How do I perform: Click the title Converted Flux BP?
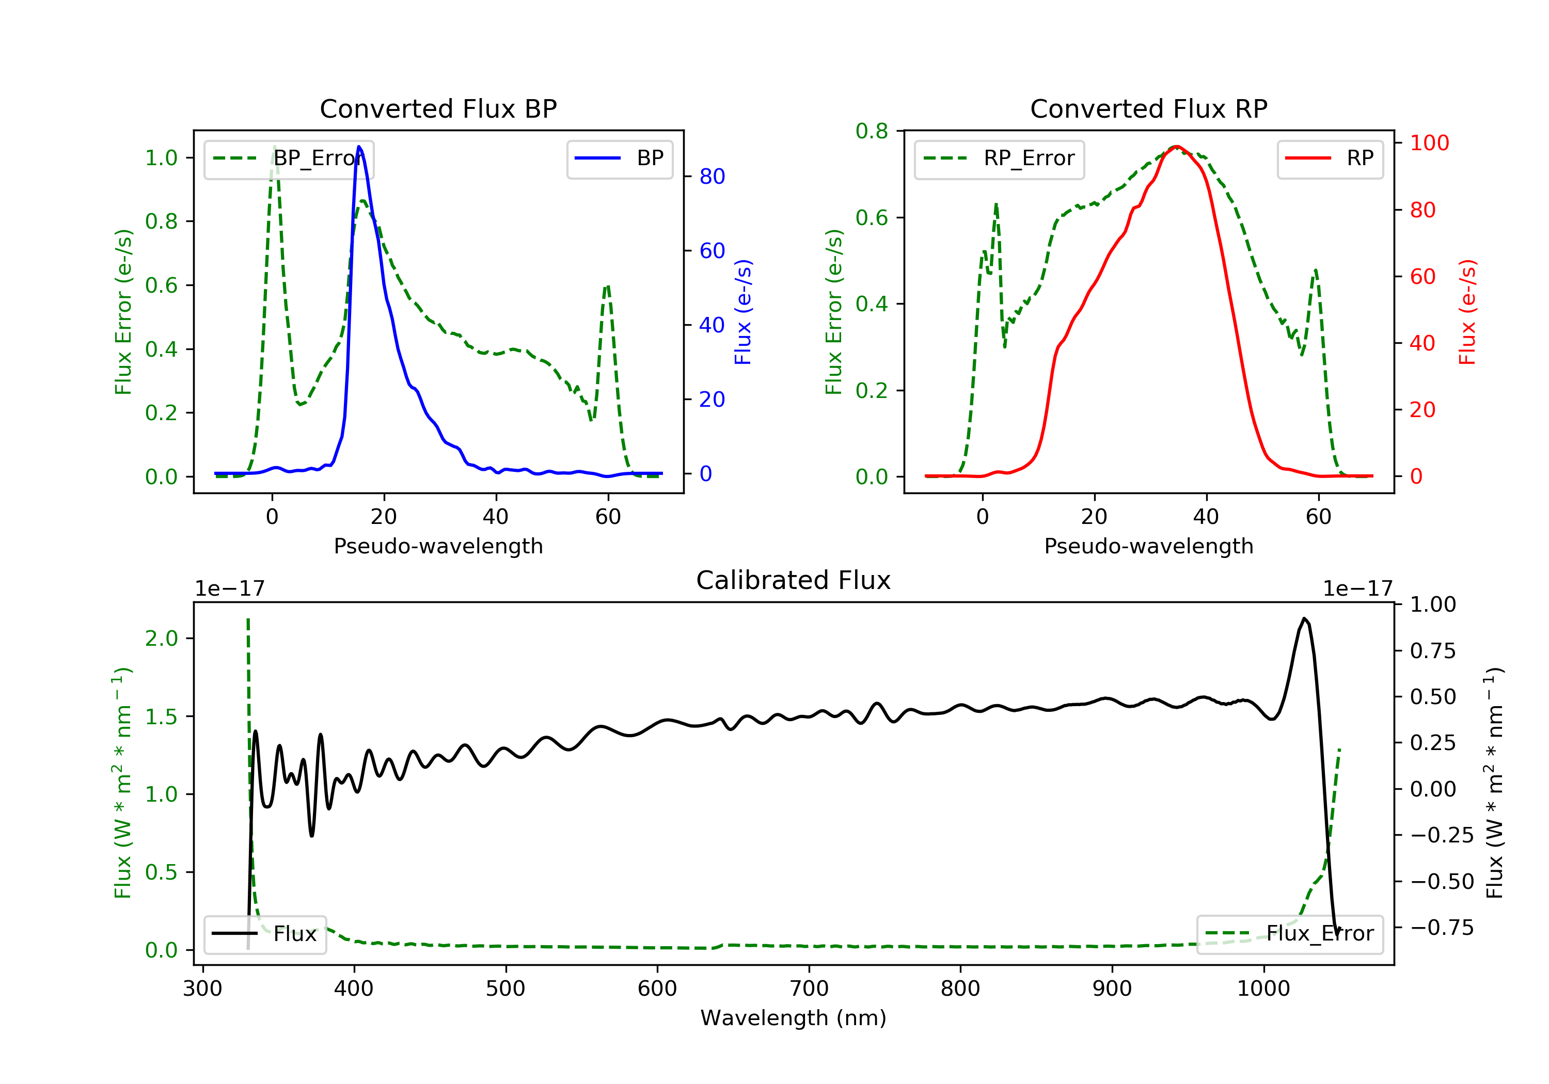(x=438, y=108)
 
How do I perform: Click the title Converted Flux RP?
(x=1149, y=108)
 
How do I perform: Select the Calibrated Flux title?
(x=794, y=580)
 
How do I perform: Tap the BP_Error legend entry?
(x=289, y=159)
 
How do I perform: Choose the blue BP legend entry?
(x=619, y=159)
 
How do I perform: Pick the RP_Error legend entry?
(x=999, y=159)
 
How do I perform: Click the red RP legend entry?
(x=1330, y=159)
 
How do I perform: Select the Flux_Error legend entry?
(x=1289, y=934)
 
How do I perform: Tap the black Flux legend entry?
(x=265, y=934)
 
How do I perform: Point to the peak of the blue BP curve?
(x=359, y=147)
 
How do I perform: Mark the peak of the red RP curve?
(x=1176, y=147)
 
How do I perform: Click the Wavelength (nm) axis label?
(x=794, y=1018)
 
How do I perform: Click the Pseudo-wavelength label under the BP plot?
(x=438, y=546)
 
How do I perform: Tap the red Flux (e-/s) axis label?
(x=1467, y=312)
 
